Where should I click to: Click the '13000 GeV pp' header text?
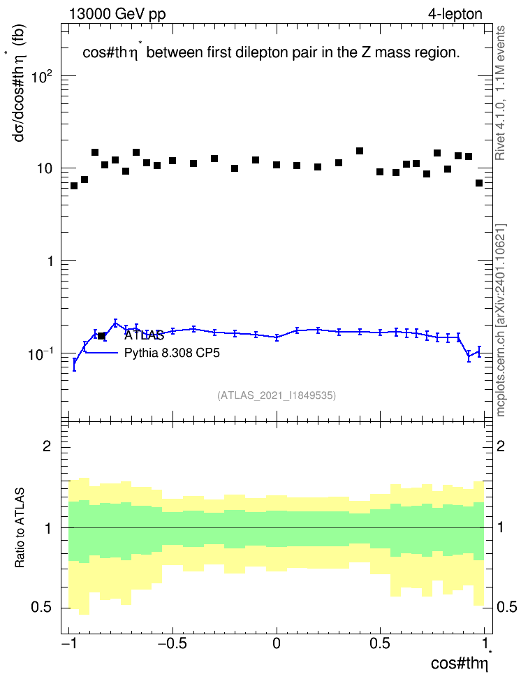pyautogui.click(x=117, y=14)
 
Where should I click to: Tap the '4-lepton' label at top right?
pyautogui.click(x=455, y=14)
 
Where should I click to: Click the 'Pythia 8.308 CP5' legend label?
pyautogui.click(x=172, y=353)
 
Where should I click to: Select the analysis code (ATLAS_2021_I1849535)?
pyautogui.click(x=277, y=395)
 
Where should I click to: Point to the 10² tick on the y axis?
pyautogui.click(x=42, y=77)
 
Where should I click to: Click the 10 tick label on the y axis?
pyautogui.click(x=44, y=168)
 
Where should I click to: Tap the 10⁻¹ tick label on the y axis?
pyautogui.click(x=41, y=354)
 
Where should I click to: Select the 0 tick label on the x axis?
pyautogui.click(x=277, y=643)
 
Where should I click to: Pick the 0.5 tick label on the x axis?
pyautogui.click(x=380, y=643)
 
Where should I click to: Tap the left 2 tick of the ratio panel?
pyautogui.click(x=47, y=446)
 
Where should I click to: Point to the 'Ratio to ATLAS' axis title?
pyautogui.click(x=20, y=528)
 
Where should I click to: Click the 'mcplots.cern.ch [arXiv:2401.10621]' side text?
pyautogui.click(x=501, y=320)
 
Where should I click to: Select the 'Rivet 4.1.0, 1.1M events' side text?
pyautogui.click(x=500, y=93)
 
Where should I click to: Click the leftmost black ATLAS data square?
pyautogui.click(x=74, y=186)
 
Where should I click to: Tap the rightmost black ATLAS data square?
pyautogui.click(x=479, y=183)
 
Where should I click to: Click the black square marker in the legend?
pyautogui.click(x=102, y=335)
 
